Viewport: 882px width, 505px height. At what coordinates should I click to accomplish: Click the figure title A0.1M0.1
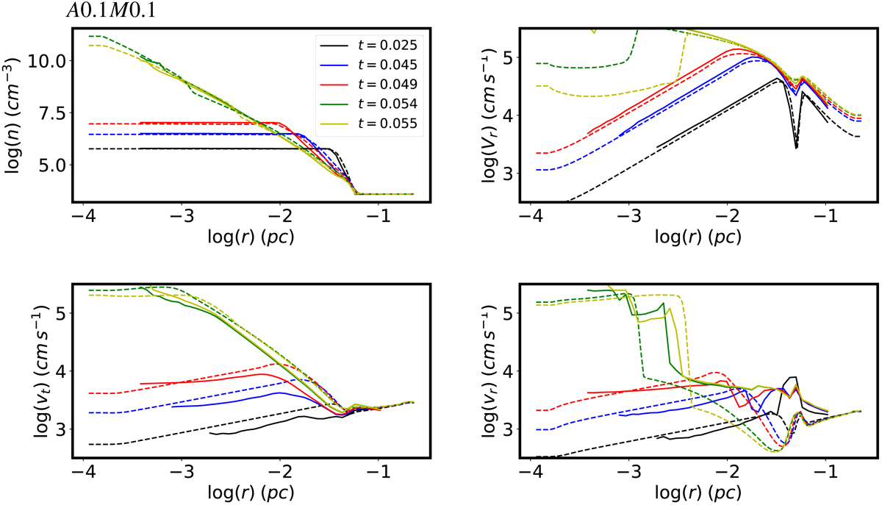(x=111, y=11)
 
